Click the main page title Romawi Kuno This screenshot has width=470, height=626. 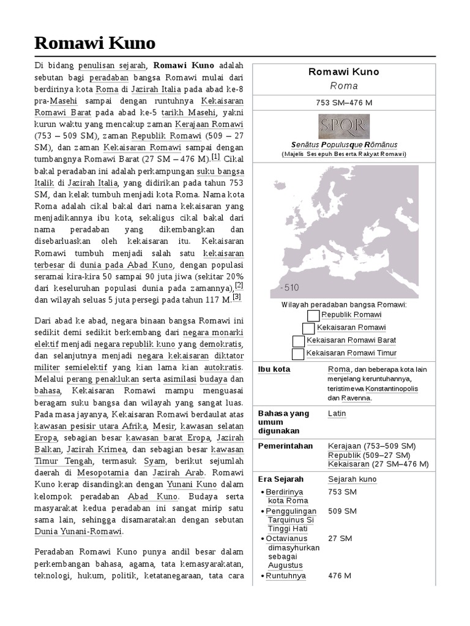(94, 43)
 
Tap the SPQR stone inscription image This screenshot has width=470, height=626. (343, 127)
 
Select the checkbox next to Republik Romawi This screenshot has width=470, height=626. (313, 315)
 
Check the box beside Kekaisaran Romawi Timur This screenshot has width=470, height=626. (298, 353)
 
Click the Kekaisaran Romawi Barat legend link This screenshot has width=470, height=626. (351, 341)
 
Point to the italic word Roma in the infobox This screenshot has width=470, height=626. (343, 86)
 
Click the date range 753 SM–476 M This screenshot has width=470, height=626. (343, 101)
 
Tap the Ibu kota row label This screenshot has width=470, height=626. (274, 370)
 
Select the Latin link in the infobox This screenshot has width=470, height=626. (337, 414)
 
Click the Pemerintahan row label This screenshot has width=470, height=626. (285, 446)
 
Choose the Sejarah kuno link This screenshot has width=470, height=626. (352, 479)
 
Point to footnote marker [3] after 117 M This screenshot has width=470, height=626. (236, 297)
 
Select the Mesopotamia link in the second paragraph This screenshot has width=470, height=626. (102, 473)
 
